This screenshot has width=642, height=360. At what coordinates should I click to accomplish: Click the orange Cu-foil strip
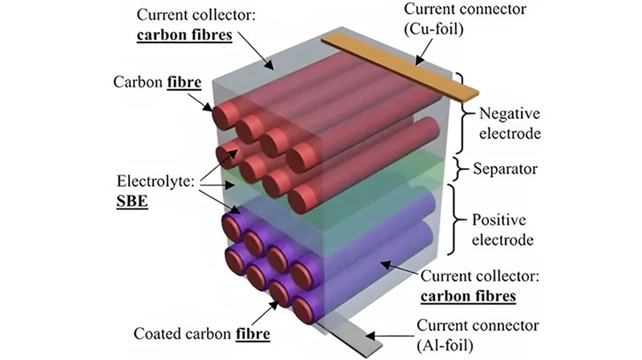point(399,68)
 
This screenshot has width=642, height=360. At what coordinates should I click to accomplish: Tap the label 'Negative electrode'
point(509,124)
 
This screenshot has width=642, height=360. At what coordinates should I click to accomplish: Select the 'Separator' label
point(505,169)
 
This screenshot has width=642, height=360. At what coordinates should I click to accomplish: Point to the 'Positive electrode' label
point(502,230)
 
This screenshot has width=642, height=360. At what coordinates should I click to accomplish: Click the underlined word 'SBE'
point(132,201)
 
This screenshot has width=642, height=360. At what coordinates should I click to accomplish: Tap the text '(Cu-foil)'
point(434,29)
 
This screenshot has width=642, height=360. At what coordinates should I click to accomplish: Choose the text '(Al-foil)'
point(445,346)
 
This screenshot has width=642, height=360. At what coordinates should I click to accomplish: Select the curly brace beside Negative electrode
point(464,113)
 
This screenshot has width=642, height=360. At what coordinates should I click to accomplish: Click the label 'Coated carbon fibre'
point(202,334)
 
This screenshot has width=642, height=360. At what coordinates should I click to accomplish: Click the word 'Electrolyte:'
point(156,181)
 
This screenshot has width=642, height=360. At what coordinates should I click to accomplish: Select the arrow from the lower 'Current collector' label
point(401,269)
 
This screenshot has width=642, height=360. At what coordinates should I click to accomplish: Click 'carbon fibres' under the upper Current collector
point(184,35)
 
